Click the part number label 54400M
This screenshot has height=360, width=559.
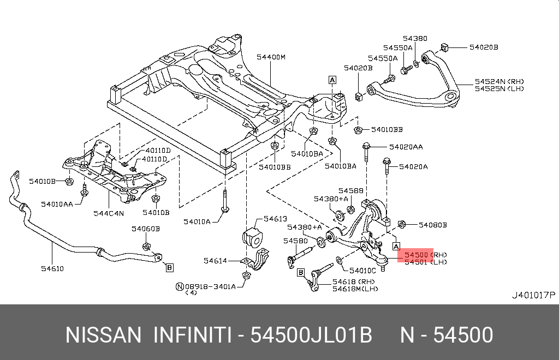271,57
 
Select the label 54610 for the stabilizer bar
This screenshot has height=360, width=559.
52,269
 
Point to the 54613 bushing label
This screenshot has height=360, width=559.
275,219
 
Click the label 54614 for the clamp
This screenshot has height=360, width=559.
215,261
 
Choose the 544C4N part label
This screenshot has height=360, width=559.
109,213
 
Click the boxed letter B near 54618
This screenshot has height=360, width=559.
301,273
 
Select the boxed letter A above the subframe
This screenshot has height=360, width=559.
332,80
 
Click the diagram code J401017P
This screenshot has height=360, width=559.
533,295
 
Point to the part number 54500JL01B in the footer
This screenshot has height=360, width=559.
311,335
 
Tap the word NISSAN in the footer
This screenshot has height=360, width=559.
103,335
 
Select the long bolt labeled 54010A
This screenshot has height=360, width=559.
224,201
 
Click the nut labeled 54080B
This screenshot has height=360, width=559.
401,224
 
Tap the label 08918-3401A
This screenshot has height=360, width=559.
210,287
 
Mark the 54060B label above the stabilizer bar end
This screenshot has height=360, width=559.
145,229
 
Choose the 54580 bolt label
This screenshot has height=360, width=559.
295,241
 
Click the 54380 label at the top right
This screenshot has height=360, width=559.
415,39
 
